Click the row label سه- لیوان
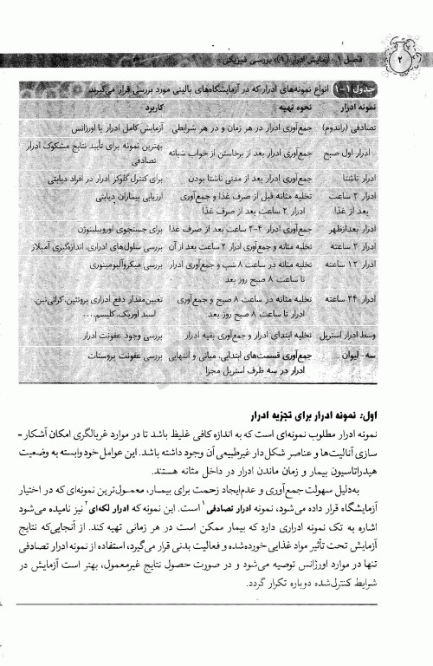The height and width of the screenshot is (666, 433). (379, 355)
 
